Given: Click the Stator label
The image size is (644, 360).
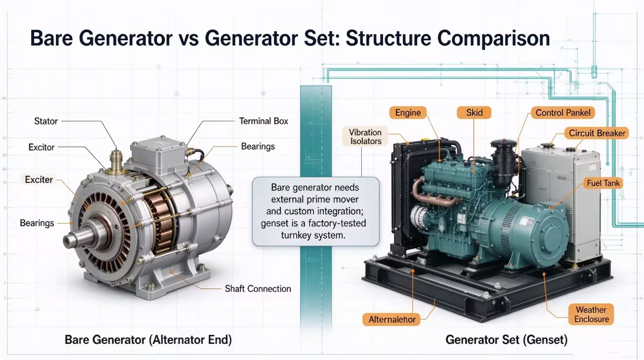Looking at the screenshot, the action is pyautogui.click(x=46, y=121).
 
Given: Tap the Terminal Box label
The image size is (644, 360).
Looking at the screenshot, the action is pyautogui.click(x=263, y=121).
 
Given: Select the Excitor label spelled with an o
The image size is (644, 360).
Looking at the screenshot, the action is pyautogui.click(x=41, y=148).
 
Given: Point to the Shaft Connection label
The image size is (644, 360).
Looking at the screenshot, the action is pyautogui.click(x=258, y=289).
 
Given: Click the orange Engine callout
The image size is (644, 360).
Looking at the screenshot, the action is pyautogui.click(x=408, y=112).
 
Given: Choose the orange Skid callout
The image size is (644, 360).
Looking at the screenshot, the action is pyautogui.click(x=474, y=112).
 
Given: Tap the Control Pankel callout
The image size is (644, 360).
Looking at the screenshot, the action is pyautogui.click(x=562, y=112).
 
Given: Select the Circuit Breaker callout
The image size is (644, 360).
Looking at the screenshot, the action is pyautogui.click(x=597, y=133).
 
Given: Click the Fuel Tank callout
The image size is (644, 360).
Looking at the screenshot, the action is pyautogui.click(x=603, y=183).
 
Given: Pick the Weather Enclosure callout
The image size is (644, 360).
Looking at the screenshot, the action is pyautogui.click(x=591, y=314).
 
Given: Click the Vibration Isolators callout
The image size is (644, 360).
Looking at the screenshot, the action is pyautogui.click(x=365, y=136).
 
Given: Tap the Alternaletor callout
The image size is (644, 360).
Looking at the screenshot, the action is pyautogui.click(x=392, y=319).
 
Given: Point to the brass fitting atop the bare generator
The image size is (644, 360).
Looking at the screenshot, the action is pyautogui.click(x=116, y=162).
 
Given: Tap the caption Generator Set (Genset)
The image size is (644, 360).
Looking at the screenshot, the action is pyautogui.click(x=507, y=340).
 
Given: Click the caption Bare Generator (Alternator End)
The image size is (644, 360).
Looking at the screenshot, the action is pyautogui.click(x=148, y=340).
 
